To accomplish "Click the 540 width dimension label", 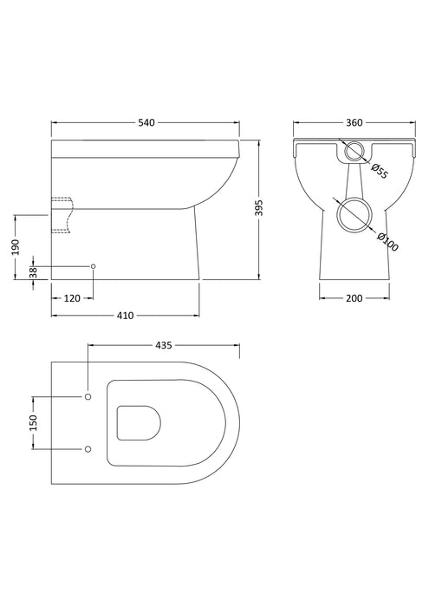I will (146, 123).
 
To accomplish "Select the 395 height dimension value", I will (270, 209).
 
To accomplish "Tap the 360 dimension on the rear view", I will (341, 123).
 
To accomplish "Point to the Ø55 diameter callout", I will (378, 170).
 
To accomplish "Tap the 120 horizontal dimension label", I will (73, 299).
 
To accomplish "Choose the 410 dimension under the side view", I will (126, 316).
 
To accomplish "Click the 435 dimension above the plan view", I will (163, 345).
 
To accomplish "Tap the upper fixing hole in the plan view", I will (88, 396).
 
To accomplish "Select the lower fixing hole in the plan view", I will (88, 449).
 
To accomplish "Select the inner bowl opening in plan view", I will (137, 422).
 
